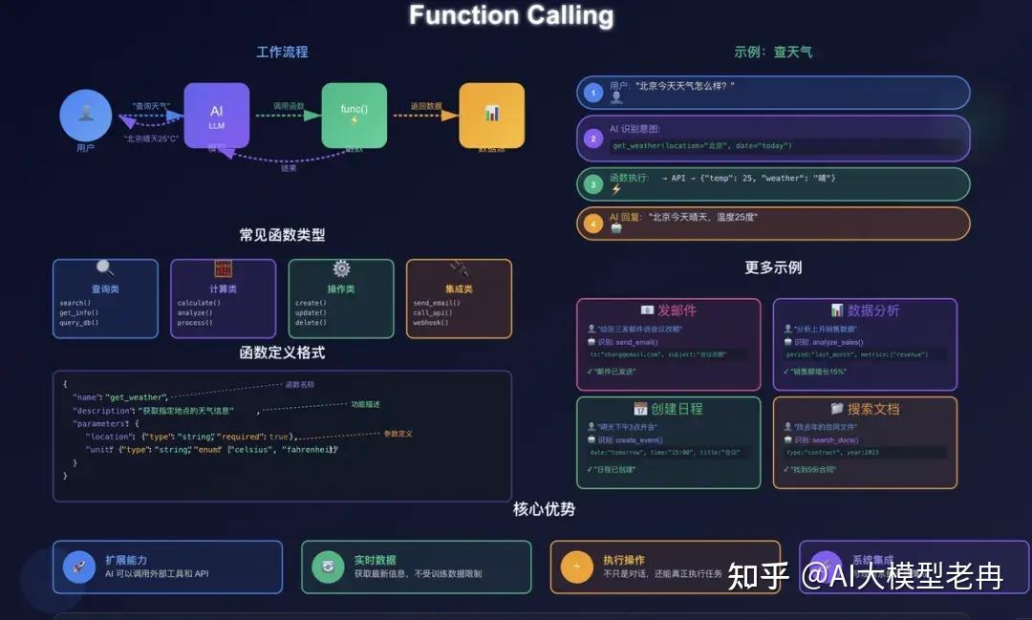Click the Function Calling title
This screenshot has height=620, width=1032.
(x=511, y=16)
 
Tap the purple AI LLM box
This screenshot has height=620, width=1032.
(x=217, y=116)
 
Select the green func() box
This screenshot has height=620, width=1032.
(x=354, y=116)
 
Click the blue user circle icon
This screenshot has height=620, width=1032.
(x=86, y=116)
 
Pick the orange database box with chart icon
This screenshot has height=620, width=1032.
(x=491, y=115)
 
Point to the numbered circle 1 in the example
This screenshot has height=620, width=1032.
(x=592, y=93)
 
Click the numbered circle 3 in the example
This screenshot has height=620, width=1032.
(x=592, y=183)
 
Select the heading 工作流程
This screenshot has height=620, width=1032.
(x=282, y=52)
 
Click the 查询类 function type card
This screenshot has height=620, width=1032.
(x=105, y=298)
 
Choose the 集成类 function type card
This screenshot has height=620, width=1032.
(x=459, y=298)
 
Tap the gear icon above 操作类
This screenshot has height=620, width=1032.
(x=341, y=269)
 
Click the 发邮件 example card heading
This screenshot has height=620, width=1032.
(x=669, y=310)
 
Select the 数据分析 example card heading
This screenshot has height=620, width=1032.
(x=865, y=310)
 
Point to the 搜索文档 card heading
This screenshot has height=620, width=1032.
(x=865, y=409)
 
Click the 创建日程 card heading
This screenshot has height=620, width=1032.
(x=669, y=409)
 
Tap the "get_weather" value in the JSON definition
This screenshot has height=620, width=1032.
(x=136, y=396)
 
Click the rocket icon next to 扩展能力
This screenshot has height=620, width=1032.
(x=79, y=567)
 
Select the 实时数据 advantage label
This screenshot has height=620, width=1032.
(x=375, y=560)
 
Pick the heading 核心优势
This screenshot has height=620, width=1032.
(x=544, y=509)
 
